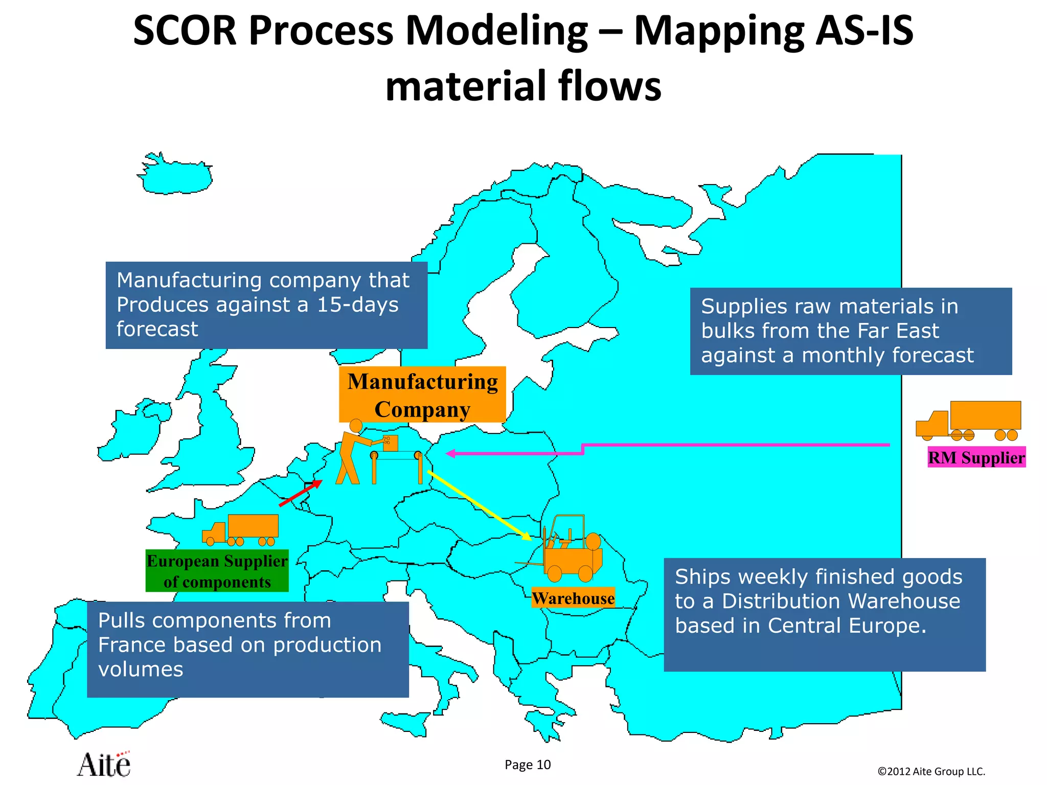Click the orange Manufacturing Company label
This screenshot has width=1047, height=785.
coord(422,395)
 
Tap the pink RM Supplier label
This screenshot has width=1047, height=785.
coord(976,457)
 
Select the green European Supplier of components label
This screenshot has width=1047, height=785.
coord(217,571)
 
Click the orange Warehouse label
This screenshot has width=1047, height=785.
coord(573,598)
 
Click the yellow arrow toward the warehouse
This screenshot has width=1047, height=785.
coord(479,505)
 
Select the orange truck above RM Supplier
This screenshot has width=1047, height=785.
coord(969,420)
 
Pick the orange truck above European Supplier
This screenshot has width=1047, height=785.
coord(241,530)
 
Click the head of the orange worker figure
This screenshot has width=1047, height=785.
coord(356,426)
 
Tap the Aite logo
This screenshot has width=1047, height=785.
coord(105,765)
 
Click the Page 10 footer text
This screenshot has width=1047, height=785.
coord(528,765)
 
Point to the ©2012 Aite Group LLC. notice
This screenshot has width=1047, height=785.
coord(931,771)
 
